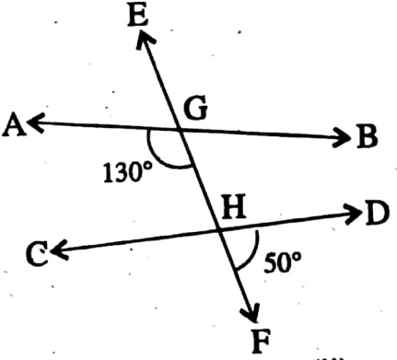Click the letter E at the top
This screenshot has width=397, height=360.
tap(140, 15)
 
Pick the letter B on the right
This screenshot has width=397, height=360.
tap(367, 139)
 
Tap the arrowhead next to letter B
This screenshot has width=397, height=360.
tap(343, 139)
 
